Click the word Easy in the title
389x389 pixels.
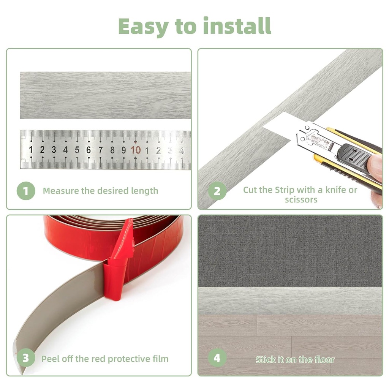click(144, 27)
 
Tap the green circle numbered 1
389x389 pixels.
click(26, 191)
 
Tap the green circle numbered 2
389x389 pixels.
click(217, 191)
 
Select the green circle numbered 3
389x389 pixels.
click(26, 358)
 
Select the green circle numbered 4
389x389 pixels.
click(217, 358)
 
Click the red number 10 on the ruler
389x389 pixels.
click(136, 150)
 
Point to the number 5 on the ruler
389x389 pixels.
click(77, 150)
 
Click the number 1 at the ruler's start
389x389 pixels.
click(31, 150)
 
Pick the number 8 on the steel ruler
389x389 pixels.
click(112, 150)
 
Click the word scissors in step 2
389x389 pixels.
click(301, 199)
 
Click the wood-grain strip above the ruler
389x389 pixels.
click(105, 95)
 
